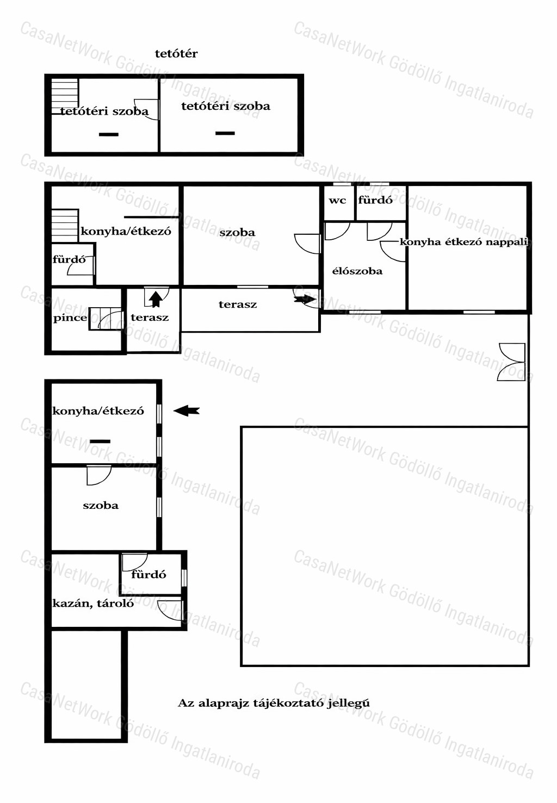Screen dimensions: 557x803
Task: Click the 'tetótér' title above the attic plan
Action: pos(176,54)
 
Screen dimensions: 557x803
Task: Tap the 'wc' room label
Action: pos(337,201)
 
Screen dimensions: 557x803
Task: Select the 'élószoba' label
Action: pos(357,271)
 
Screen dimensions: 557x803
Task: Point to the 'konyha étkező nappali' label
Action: pos(464,242)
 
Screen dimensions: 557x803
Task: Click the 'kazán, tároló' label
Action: pos(93,603)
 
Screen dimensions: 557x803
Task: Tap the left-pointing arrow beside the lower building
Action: pos(187,410)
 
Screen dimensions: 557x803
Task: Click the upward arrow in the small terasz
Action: pos(156,300)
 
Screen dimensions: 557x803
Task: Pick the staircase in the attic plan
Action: pos(65,96)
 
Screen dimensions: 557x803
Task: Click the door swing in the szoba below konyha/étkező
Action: pos(99,475)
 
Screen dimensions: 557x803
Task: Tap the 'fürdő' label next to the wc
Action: pos(375,200)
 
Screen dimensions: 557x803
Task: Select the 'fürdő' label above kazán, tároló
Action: pos(148,575)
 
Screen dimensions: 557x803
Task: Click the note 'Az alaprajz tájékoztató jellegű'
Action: pos(274,703)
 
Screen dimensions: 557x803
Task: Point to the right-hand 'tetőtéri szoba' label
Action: pos(226,106)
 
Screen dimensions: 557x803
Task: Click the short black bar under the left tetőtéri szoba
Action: pos(109,134)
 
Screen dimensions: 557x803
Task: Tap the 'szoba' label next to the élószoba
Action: pos(238,233)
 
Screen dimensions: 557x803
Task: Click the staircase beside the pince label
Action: pos(106,319)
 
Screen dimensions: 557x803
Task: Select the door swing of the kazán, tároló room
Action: pos(170,610)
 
